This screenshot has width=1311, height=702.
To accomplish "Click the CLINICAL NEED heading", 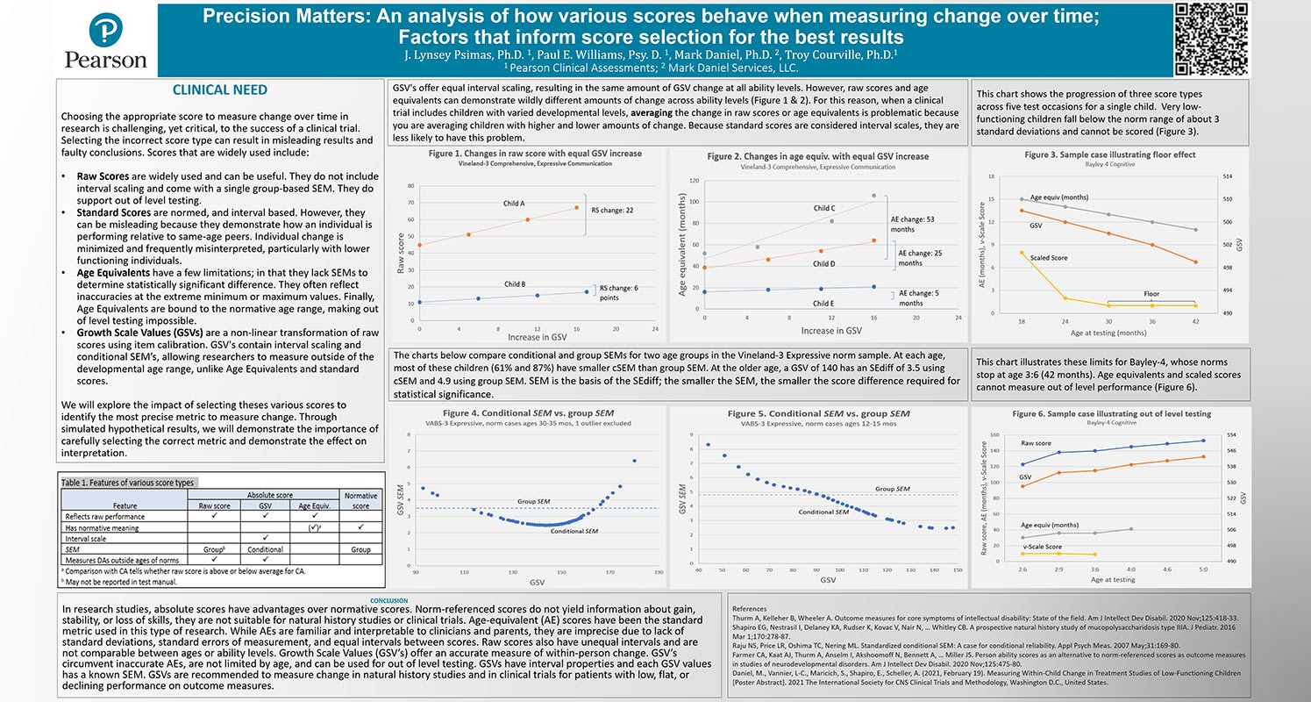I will pyautogui.click(x=220, y=90).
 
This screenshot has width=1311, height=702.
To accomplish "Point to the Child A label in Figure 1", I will pyautogui.click(x=514, y=203).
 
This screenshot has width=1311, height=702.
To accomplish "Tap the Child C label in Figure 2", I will pyautogui.click(x=824, y=209).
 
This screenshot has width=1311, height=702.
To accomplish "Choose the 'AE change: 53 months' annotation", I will pyautogui.click(x=913, y=224).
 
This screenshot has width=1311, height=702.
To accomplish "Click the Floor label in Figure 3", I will pyautogui.click(x=1151, y=294).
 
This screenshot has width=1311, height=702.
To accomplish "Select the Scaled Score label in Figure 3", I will pyautogui.click(x=1049, y=257).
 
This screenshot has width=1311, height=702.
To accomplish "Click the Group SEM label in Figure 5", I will pyautogui.click(x=893, y=488).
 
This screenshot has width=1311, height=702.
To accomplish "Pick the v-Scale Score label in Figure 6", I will pyautogui.click(x=1042, y=547).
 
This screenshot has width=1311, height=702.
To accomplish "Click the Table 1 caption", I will pyautogui.click(x=128, y=483).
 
